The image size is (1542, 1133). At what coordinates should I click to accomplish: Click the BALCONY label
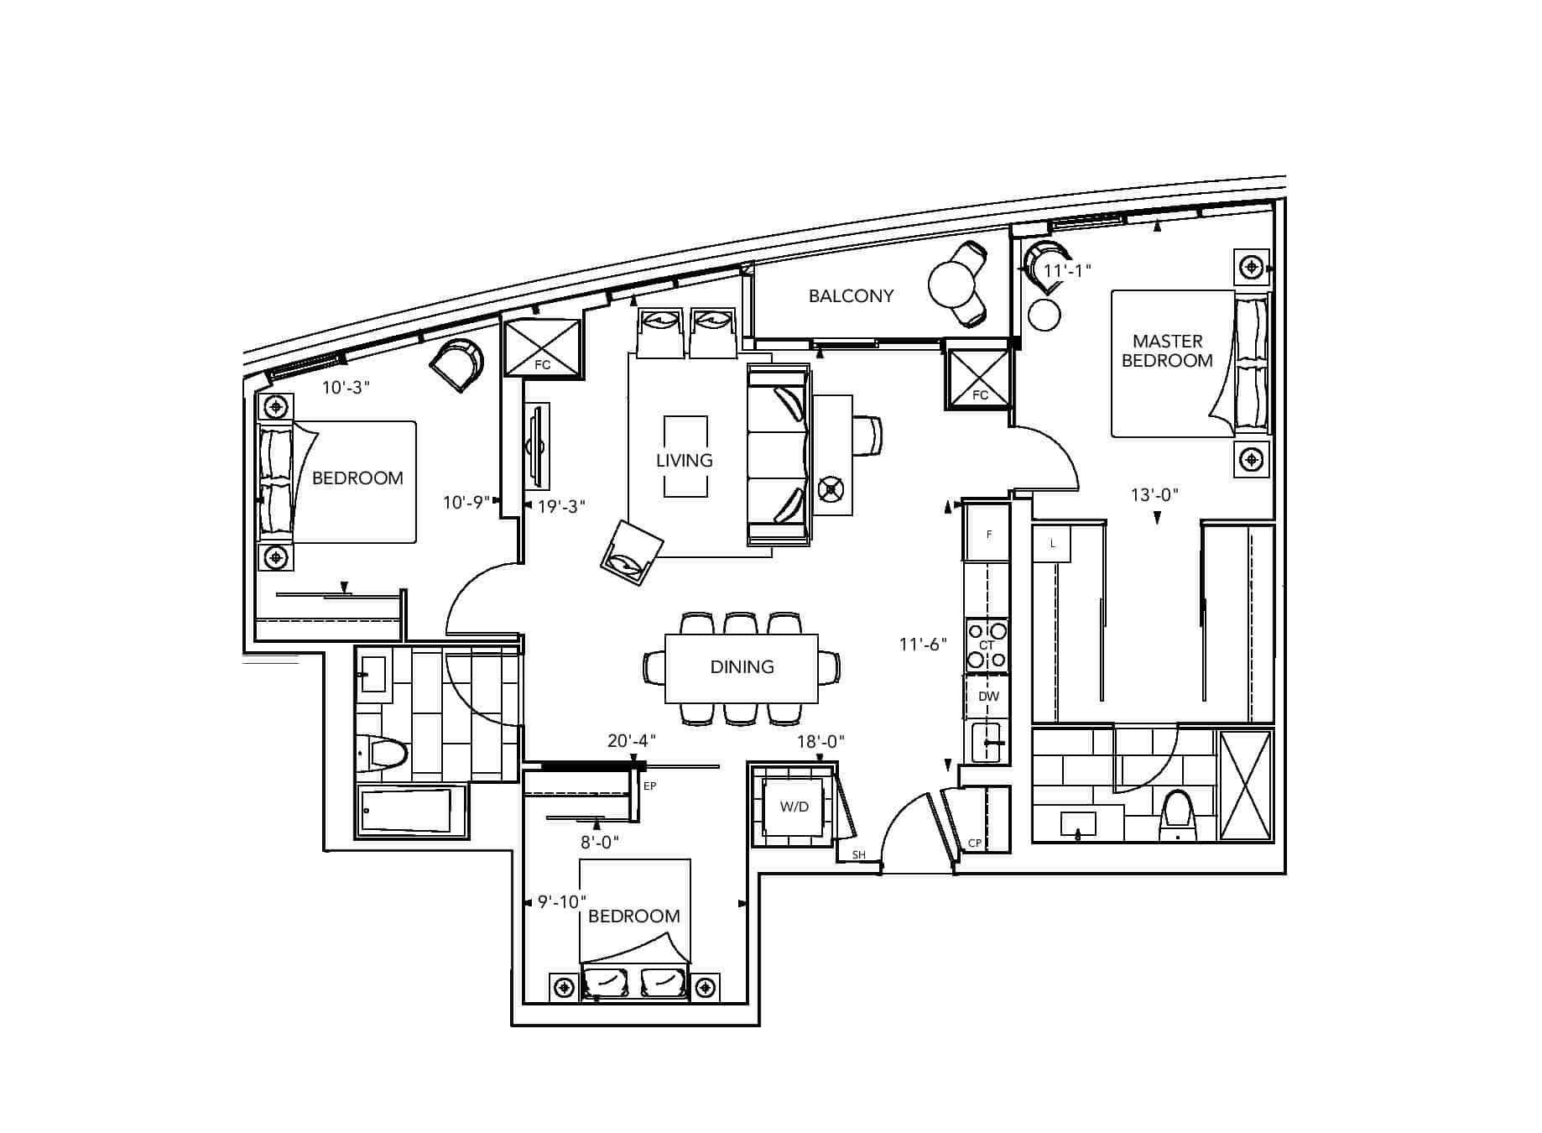pos(851,295)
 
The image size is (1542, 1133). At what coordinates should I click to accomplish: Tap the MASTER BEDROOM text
pos(1167,351)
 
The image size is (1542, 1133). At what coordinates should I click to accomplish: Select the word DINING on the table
pos(742,666)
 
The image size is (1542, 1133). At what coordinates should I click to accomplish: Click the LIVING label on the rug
pos(685,460)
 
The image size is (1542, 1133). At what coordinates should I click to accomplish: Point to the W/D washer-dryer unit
pos(794,807)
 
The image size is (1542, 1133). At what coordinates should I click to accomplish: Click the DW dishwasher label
pos(988,697)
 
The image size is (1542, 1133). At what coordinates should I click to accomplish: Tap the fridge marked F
pos(987,532)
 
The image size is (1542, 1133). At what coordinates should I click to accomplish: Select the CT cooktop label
pos(987,645)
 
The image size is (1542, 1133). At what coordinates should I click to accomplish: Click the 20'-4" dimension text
pos(631,740)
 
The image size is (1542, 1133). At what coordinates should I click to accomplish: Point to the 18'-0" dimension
pos(820,741)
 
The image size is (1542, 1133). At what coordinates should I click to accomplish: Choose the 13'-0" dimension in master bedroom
pos(1154,494)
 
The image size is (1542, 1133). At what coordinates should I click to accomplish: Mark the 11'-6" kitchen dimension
pos(923,644)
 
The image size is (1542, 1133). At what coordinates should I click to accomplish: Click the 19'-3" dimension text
pos(561,505)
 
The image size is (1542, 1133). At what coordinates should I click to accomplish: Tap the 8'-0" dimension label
pos(599,842)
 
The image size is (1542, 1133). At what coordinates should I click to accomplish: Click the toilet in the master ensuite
pos(1179,814)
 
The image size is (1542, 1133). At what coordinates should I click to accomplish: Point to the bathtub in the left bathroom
pos(412,810)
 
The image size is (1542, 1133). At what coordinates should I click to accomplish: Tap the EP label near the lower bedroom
pos(649,786)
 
